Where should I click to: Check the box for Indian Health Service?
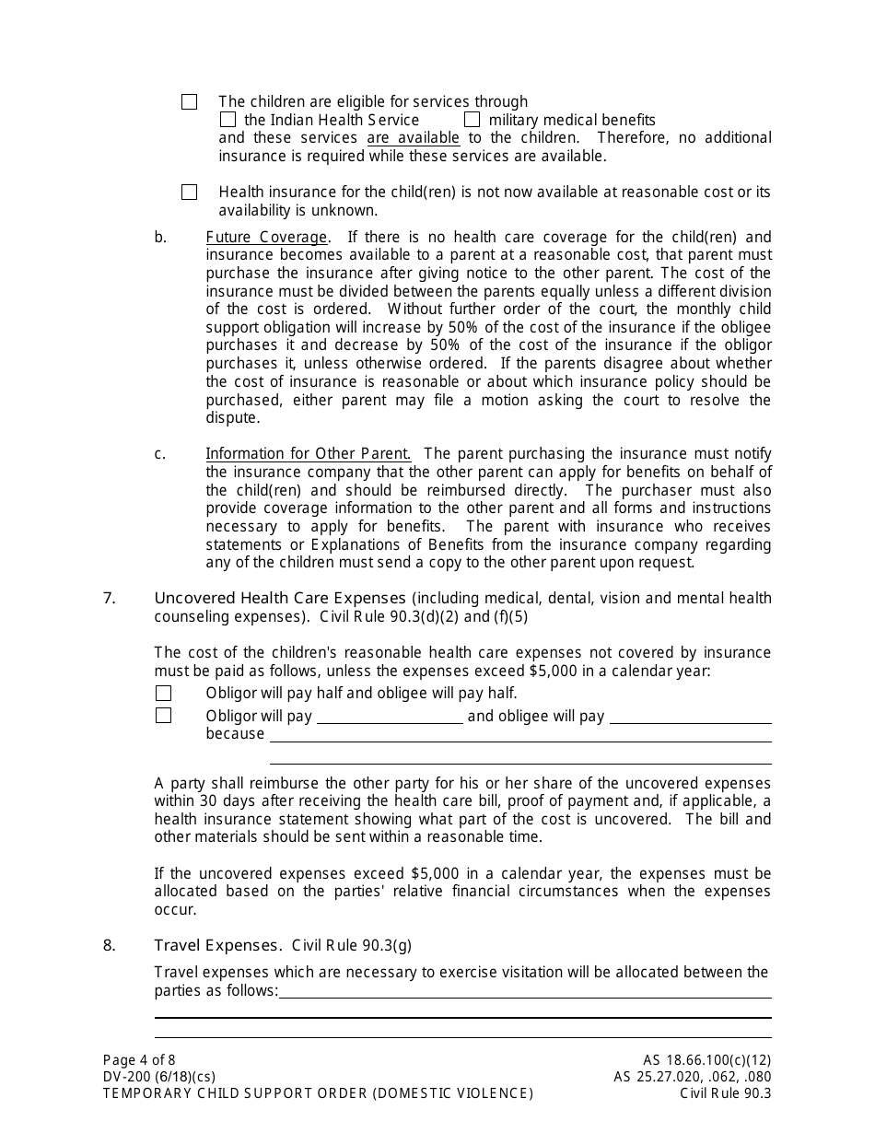click(227, 120)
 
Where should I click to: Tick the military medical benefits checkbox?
click(472, 120)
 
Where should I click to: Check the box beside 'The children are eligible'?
click(189, 102)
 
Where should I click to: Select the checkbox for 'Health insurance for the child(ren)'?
click(189, 193)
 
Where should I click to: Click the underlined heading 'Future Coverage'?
click(266, 237)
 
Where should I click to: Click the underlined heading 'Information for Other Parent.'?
click(308, 453)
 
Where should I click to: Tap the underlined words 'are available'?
click(413, 138)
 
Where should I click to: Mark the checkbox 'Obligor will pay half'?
click(163, 694)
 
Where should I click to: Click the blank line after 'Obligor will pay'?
click(390, 717)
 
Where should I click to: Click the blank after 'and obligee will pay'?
click(690, 717)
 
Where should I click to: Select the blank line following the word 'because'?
click(519, 735)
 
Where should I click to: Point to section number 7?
click(110, 598)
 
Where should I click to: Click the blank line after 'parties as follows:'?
click(524, 991)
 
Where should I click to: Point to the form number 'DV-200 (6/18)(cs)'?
click(159, 1077)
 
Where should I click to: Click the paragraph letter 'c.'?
click(160, 453)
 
